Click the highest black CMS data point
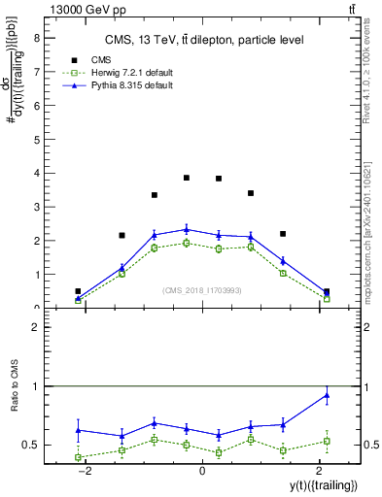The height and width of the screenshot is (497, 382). click(187, 178)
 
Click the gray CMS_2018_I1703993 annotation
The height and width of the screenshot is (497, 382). click(201, 290)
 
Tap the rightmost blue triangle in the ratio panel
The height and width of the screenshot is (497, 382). click(327, 394)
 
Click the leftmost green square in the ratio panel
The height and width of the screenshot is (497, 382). click(78, 457)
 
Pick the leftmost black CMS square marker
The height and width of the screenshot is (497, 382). click(78, 291)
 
